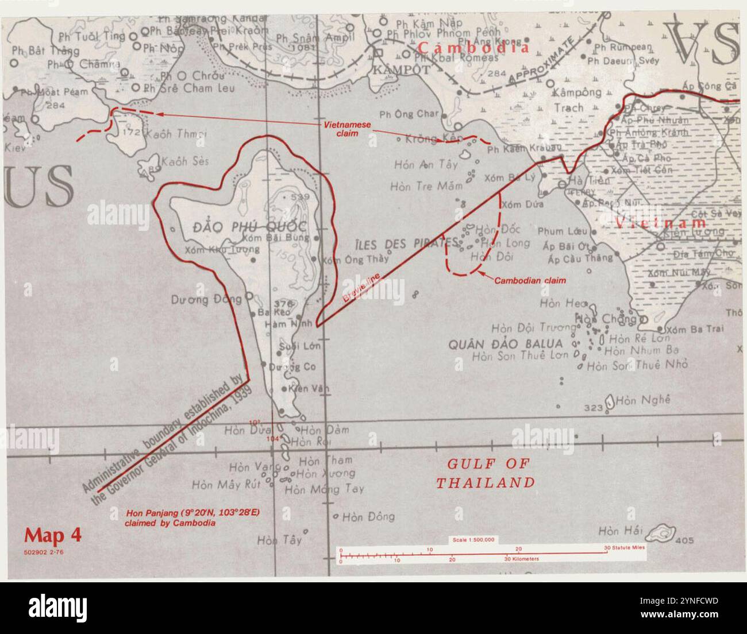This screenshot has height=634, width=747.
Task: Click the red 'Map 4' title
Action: (x=52, y=535)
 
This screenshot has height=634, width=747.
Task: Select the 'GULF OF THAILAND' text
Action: (x=485, y=473)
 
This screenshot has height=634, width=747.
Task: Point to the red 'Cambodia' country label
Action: (x=473, y=47)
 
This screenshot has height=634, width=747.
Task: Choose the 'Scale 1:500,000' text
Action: (x=474, y=540)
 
